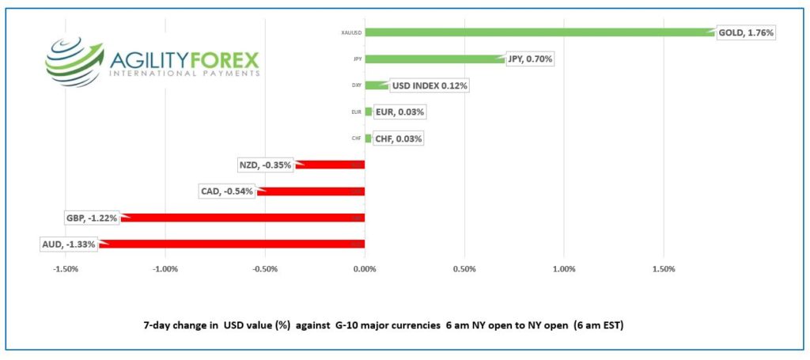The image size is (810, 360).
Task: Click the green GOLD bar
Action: click(538, 32)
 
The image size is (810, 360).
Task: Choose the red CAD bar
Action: click(312, 191)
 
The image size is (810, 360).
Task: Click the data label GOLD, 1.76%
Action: click(745, 32)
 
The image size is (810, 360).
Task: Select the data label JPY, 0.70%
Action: click(529, 59)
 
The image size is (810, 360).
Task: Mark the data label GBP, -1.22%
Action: click(91, 218)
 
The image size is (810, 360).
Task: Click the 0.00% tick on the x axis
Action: click(365, 268)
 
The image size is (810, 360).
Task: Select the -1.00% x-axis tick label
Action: click(165, 268)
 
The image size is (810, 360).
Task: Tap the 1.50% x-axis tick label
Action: click(664, 268)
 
